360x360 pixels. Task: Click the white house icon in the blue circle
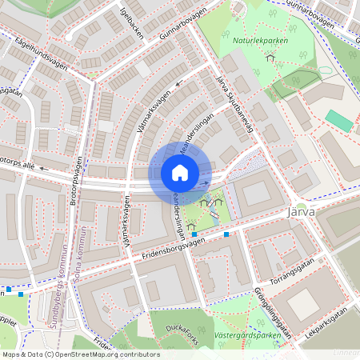tap(180, 173)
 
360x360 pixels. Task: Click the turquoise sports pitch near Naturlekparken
tap(338, 122)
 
